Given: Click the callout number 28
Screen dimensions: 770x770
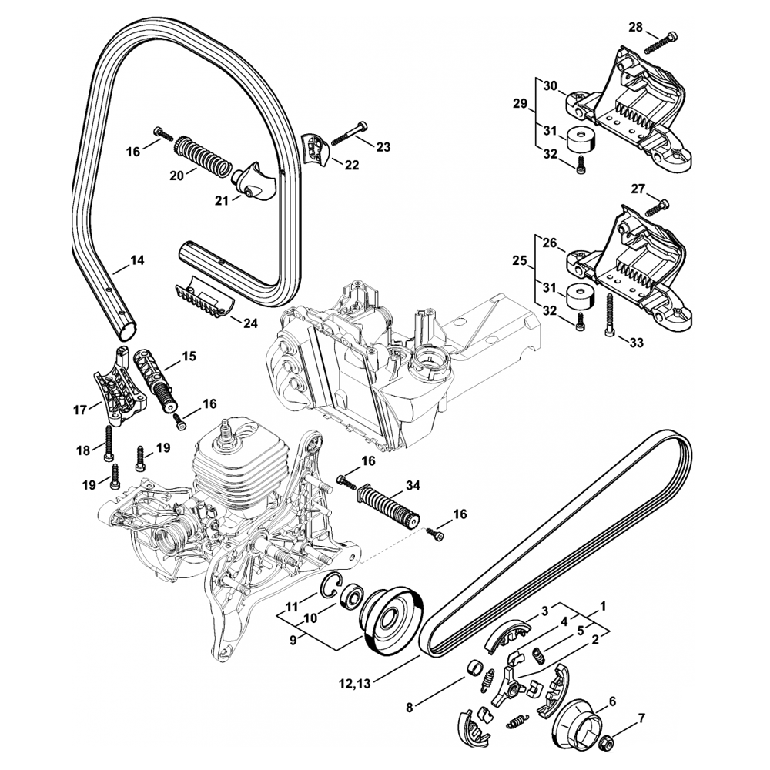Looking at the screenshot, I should (x=636, y=28).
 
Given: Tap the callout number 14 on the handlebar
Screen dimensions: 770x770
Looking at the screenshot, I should (x=136, y=261).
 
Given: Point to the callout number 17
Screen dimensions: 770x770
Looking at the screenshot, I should (x=80, y=410).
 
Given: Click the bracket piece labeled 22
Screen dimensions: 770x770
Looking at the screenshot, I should (x=315, y=149).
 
